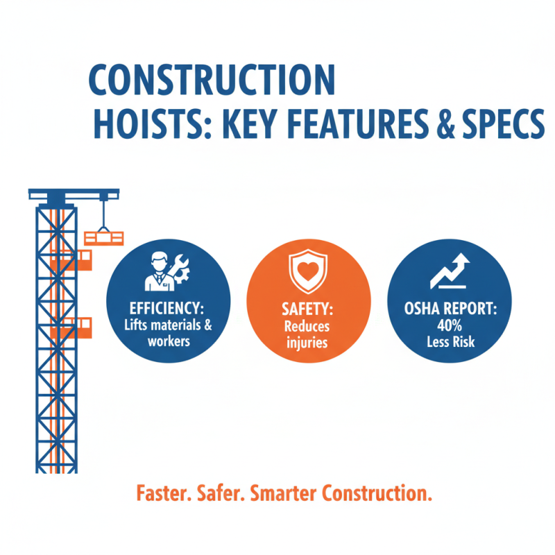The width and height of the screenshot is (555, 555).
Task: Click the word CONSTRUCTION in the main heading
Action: point(212,80)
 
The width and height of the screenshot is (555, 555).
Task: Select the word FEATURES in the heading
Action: point(363,125)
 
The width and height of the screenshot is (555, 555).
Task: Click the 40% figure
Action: point(449,325)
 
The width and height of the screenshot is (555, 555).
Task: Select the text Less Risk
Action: point(449,341)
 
